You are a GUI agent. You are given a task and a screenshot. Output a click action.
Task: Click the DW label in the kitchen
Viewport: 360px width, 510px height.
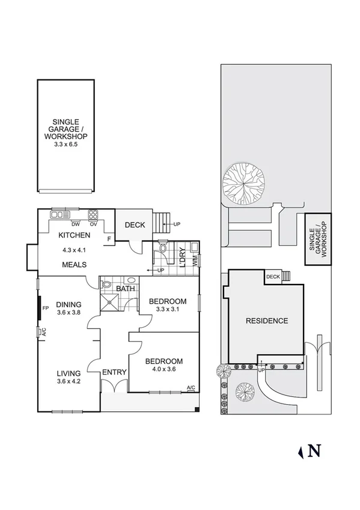point(75,224)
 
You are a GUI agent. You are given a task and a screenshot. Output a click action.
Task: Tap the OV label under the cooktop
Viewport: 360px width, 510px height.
point(93,224)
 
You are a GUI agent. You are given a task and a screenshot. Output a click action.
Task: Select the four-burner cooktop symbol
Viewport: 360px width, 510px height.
point(93,214)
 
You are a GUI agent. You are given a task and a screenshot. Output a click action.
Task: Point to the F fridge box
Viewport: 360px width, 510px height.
point(108,239)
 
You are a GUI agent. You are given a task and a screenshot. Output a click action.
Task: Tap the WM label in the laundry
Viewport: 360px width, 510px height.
point(194,260)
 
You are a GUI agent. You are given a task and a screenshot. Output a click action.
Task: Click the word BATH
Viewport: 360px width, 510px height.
point(126,289)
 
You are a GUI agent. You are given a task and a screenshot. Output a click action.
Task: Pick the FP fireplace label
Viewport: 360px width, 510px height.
point(45,309)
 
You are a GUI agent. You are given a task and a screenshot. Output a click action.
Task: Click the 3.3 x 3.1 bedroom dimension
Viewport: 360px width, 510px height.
point(168,310)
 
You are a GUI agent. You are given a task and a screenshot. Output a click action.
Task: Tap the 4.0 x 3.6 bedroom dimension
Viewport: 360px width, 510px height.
point(163,370)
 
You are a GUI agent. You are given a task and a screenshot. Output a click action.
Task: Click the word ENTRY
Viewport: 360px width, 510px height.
point(114,372)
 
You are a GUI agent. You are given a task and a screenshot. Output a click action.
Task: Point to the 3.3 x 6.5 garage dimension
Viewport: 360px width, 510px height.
point(66,144)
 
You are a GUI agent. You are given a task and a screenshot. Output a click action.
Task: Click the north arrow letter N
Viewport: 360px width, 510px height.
point(314,450)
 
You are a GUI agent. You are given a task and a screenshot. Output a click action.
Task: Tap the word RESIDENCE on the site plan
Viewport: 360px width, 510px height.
point(267,321)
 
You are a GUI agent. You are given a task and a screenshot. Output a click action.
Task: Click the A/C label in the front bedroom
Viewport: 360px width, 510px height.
point(191,387)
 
